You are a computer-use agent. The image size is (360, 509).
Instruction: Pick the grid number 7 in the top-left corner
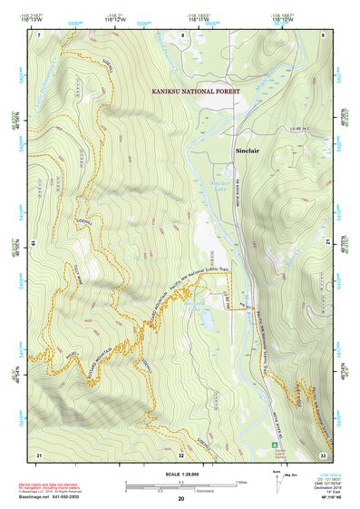pos(39,34)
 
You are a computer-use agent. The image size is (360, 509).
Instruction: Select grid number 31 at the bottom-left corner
pos(38,454)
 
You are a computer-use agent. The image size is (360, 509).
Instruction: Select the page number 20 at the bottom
pos(181,498)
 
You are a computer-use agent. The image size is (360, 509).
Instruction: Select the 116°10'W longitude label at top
pos(282,19)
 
